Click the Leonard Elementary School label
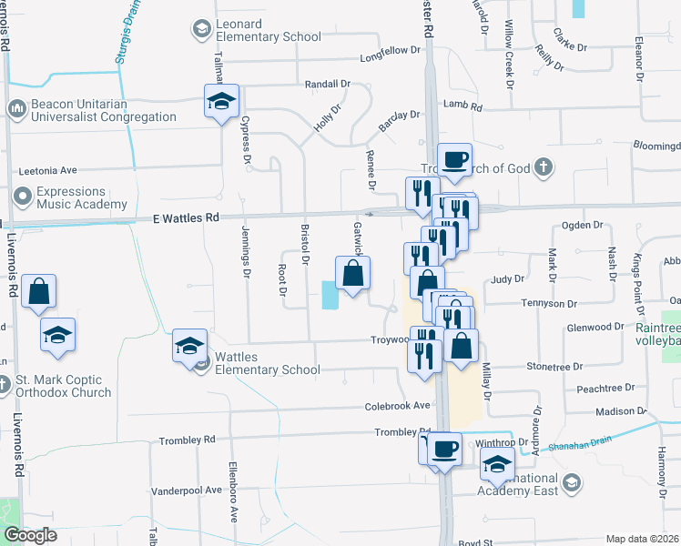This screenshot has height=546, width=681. click(x=268, y=30)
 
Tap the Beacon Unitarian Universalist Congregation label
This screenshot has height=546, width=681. click(x=102, y=110)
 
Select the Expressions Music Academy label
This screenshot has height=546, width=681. click(x=82, y=198)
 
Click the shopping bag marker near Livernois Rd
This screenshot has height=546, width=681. click(x=39, y=292)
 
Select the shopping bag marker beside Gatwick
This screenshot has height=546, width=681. click(x=353, y=274)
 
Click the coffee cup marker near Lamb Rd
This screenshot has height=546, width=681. click(x=454, y=160)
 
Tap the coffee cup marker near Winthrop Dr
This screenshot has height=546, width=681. click(x=444, y=449)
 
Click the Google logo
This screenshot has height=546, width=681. click(x=30, y=535)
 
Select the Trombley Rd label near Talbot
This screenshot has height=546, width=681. click(x=187, y=440)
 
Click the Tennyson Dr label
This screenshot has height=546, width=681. click(x=549, y=303)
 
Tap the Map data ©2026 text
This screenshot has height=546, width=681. click(x=642, y=539)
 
